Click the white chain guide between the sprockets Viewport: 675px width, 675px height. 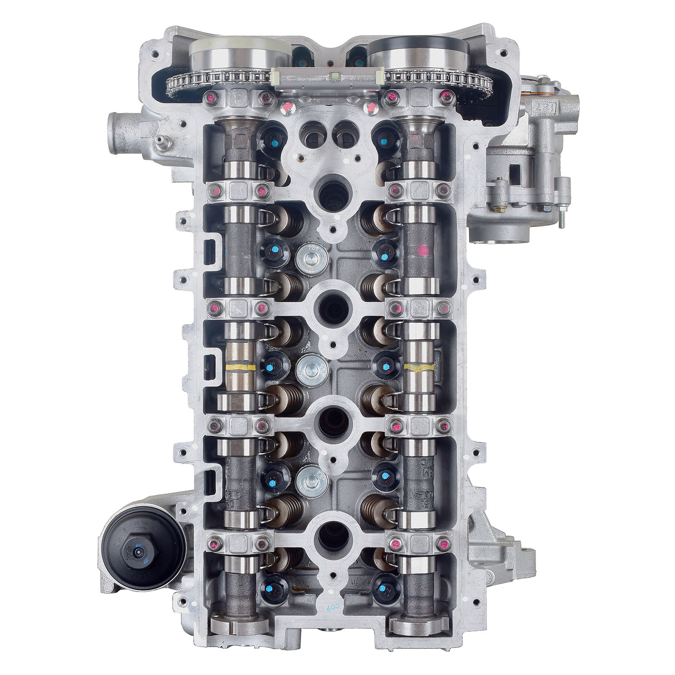pyautogui.click(x=328, y=78)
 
